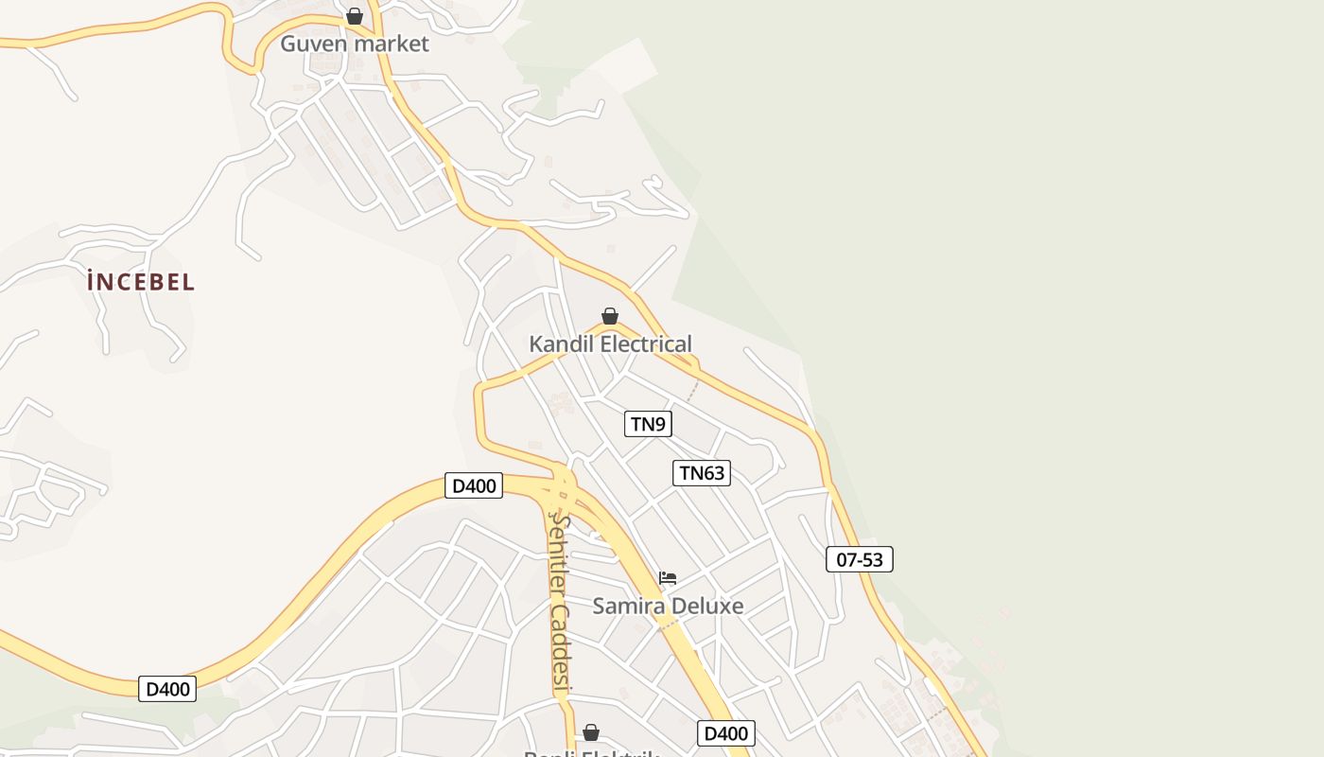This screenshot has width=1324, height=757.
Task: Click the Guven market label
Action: point(355,44)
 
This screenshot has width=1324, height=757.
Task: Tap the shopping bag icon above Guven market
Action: point(355,16)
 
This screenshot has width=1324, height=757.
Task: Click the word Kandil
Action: point(561,343)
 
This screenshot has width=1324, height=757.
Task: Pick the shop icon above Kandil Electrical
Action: point(610,316)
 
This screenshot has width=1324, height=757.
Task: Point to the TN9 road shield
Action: point(648,424)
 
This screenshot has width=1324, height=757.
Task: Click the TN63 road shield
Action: point(702,473)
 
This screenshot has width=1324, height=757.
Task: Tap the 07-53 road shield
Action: point(859,559)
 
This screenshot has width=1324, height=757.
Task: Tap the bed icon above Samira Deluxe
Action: point(668,578)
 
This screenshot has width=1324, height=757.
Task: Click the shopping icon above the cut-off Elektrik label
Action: point(591,732)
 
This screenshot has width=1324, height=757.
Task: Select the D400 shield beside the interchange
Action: point(474,486)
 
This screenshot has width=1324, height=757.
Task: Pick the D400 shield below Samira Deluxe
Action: point(726,732)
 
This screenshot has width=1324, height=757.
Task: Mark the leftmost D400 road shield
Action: point(167,689)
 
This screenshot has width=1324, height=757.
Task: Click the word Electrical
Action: point(646,343)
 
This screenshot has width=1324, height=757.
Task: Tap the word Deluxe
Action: point(708,606)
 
